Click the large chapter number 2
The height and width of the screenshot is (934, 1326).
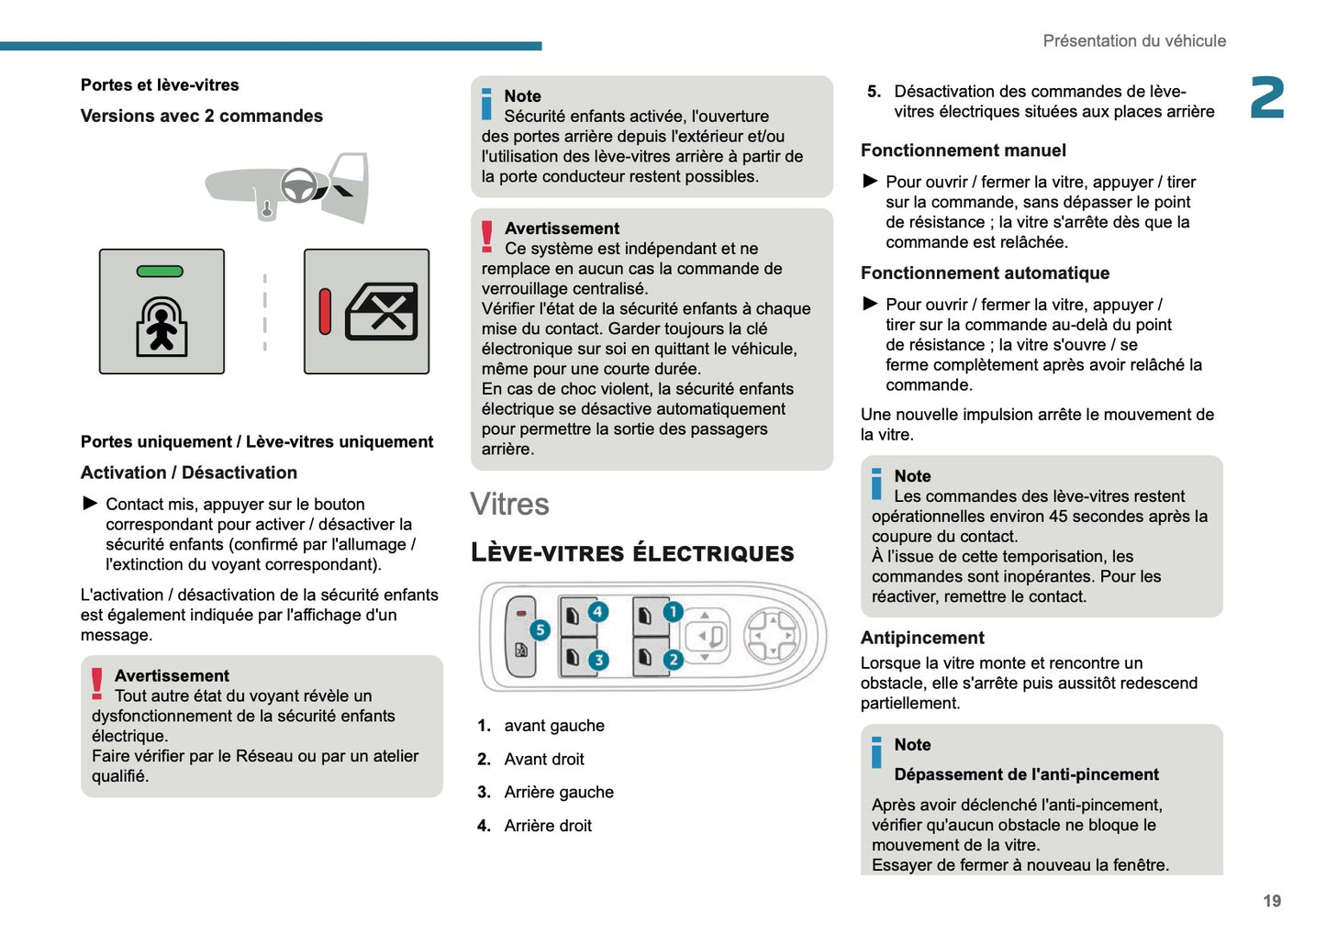click(x=1267, y=98)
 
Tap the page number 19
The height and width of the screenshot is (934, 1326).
click(x=1272, y=901)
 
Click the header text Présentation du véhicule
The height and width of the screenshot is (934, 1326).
click(x=1134, y=41)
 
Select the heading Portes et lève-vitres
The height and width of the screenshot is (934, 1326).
click(x=160, y=85)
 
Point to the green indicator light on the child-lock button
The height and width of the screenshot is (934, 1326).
click(x=160, y=272)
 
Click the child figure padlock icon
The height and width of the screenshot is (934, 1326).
click(x=162, y=326)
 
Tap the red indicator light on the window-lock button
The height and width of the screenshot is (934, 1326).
click(x=325, y=311)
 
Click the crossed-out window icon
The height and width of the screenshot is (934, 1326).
click(x=382, y=312)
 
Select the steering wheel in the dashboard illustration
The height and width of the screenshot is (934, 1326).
click(x=298, y=186)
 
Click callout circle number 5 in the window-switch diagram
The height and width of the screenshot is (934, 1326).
click(x=540, y=629)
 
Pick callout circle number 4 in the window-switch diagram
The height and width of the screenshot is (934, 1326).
click(x=598, y=612)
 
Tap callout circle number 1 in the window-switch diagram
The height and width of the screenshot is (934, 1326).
click(x=673, y=612)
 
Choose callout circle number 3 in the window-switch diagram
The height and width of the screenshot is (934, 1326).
click(x=598, y=660)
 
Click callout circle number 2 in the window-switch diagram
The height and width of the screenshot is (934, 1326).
click(x=673, y=660)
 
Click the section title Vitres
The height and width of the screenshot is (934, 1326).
click(x=509, y=505)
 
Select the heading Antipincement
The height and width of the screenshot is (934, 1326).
click(x=922, y=638)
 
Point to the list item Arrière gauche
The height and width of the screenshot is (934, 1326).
click(x=559, y=793)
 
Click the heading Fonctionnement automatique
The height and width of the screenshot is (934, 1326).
click(x=985, y=273)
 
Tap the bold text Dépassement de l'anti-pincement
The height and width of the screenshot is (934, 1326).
click(x=1026, y=774)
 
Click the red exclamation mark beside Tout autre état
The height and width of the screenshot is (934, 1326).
click(x=97, y=684)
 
